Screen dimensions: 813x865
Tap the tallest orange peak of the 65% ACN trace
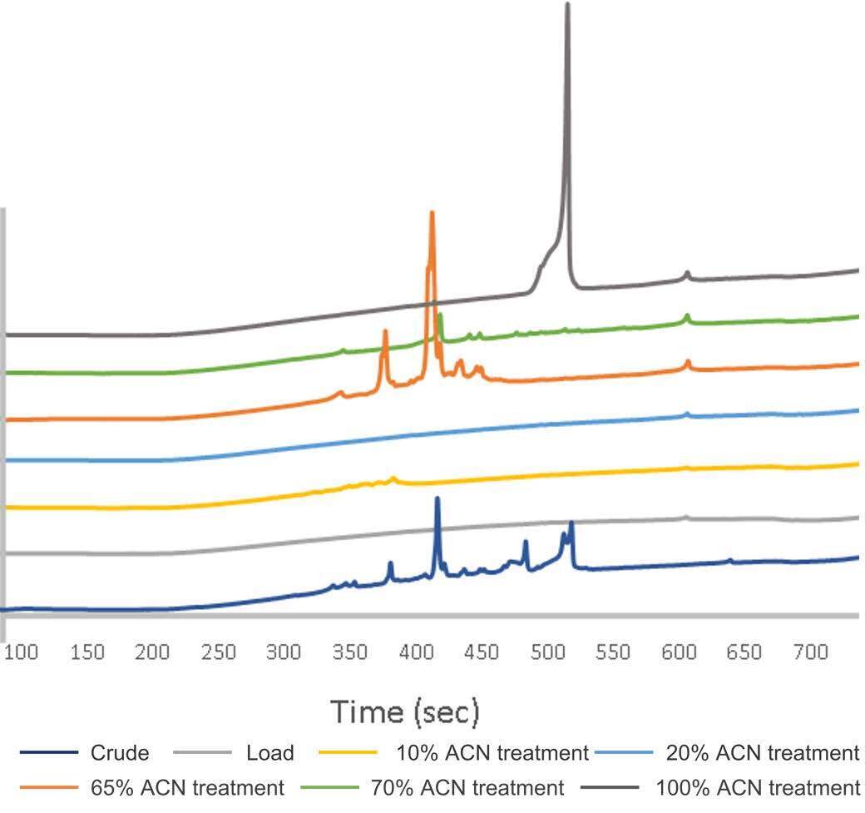[x=432, y=214]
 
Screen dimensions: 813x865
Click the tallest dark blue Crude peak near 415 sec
[x=437, y=499]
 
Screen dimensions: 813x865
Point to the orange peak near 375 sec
[x=385, y=332]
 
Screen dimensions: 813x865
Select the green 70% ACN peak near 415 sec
[x=439, y=315]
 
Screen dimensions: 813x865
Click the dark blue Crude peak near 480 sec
[x=525, y=543]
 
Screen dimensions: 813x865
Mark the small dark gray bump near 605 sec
[x=687, y=272]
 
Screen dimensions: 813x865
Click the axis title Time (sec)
[x=405, y=712]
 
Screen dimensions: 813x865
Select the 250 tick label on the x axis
[x=219, y=652]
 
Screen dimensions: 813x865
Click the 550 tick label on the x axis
[x=613, y=652]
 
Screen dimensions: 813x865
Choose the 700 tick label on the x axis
[x=809, y=652]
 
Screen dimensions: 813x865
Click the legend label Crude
[x=120, y=753]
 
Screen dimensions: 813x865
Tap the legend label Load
[x=269, y=753]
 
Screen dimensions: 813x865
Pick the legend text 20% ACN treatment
[x=762, y=753]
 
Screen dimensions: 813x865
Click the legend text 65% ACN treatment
[x=186, y=786]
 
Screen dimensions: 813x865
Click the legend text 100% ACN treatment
[x=757, y=786]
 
